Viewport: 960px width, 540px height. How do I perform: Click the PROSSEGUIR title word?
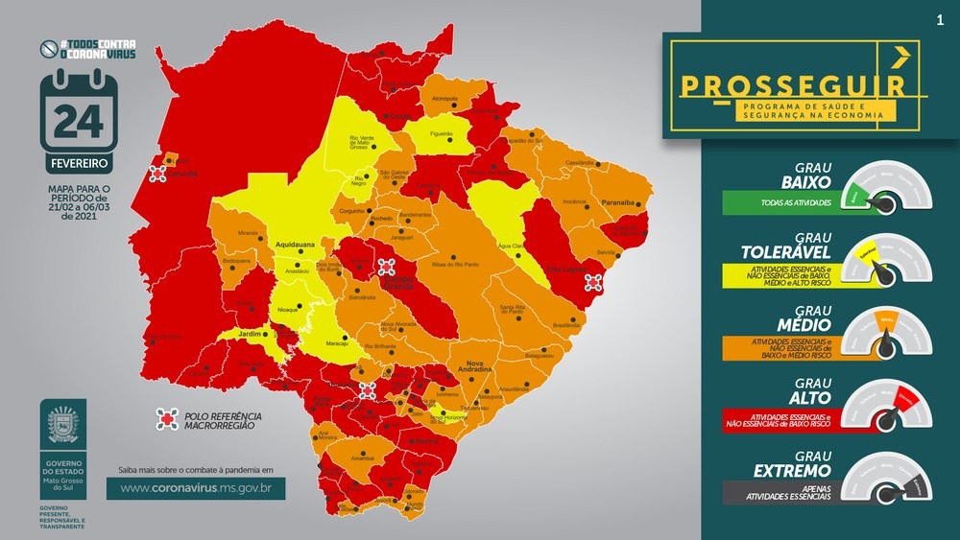coord(792,84)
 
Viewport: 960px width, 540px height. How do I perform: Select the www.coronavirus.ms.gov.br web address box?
coord(196,488)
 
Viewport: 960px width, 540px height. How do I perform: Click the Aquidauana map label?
coord(297,246)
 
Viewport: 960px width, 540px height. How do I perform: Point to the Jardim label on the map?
coord(250,334)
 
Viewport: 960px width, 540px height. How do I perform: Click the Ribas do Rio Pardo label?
coord(455,263)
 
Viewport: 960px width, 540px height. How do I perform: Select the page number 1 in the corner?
coord(938,19)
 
